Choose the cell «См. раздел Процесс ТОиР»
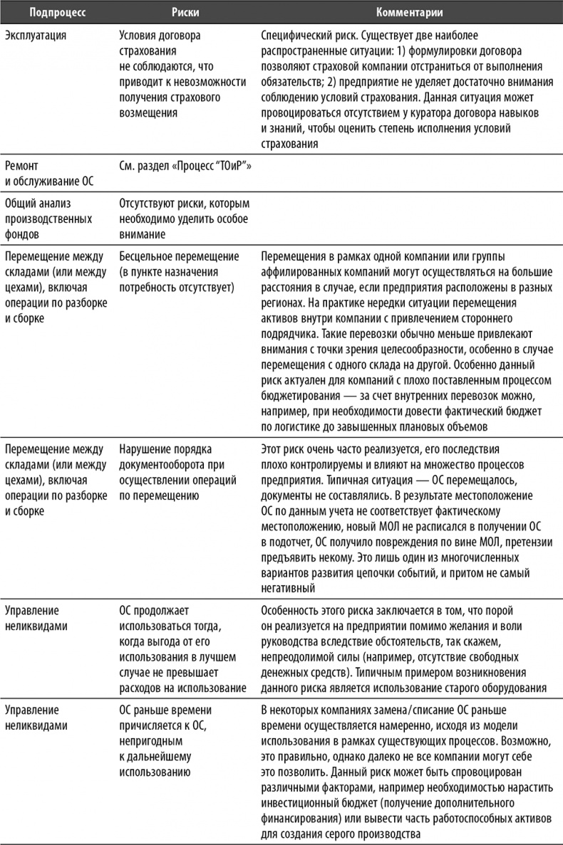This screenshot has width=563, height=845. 186,166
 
